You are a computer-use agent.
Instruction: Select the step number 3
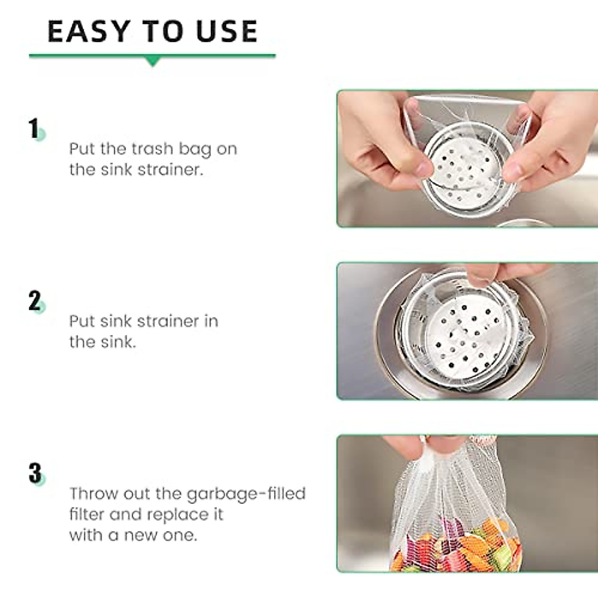click(x=35, y=473)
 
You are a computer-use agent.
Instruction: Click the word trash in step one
click(x=151, y=149)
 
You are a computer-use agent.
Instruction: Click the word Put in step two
click(x=82, y=321)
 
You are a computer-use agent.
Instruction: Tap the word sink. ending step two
click(x=118, y=342)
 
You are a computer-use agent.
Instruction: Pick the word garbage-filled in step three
click(x=246, y=494)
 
